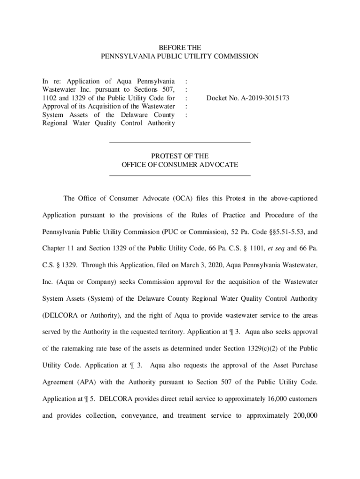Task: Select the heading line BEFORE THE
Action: tap(180, 48)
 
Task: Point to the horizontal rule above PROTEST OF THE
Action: tap(180, 142)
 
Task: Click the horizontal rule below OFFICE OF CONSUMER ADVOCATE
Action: tap(180, 176)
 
